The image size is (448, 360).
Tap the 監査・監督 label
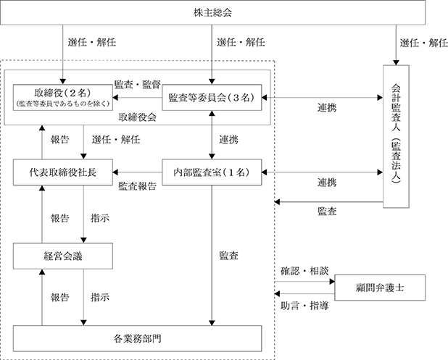pos(138,85)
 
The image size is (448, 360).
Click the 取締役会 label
pos(138,117)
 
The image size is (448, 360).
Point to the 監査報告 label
pos(138,186)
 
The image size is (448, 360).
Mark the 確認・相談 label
pos(304,271)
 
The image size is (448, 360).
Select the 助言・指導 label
pos(304,306)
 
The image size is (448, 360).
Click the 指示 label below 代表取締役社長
pos(100,219)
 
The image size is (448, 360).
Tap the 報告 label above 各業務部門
pos(60,298)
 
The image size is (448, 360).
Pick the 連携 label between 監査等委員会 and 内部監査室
pos(228,140)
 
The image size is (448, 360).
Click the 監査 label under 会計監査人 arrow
pos(327,212)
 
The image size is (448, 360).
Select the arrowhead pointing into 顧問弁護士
pos(332,282)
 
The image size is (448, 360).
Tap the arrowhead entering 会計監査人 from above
pos(396,63)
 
